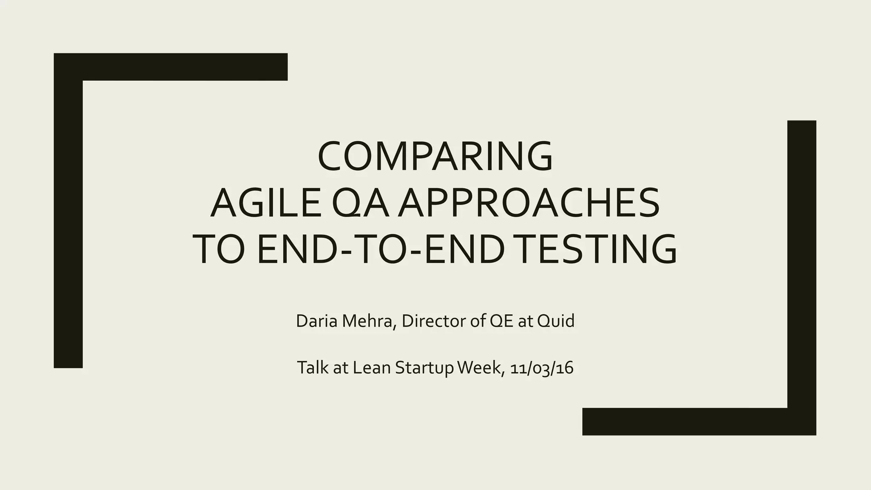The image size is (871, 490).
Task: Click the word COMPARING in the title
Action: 435,156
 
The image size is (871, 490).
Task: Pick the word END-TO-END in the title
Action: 381,250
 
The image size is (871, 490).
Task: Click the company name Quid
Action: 555,321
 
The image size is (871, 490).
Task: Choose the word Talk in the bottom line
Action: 313,367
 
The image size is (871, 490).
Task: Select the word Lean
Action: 372,367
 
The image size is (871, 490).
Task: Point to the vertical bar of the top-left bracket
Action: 68,221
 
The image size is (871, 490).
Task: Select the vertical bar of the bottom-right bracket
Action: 802,264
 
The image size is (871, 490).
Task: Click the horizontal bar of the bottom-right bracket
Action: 689,422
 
